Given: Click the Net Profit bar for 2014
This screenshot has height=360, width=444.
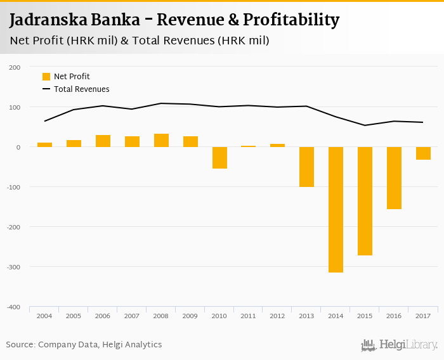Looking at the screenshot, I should click(x=336, y=209).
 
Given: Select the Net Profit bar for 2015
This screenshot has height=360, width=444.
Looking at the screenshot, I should click(x=365, y=201).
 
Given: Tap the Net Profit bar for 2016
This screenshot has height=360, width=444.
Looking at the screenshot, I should click(x=394, y=177).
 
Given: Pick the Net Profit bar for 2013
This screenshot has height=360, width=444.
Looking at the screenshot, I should click(x=306, y=167).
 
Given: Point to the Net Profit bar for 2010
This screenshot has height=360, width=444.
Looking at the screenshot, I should click(x=219, y=157).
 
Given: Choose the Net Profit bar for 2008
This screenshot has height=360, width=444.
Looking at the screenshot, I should click(x=161, y=140).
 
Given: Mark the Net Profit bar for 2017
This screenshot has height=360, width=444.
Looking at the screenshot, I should click(x=423, y=153).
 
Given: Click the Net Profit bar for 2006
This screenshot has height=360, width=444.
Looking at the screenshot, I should click(x=103, y=141).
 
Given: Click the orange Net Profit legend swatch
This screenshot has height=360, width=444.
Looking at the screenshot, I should click(x=46, y=77).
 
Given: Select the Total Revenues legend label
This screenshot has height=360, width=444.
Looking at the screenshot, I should click(x=82, y=89).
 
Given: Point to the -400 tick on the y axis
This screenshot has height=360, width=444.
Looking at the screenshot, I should click(x=13, y=307).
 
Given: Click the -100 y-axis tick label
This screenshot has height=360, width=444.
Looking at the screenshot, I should click(x=13, y=187).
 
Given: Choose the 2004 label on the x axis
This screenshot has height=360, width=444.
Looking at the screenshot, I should click(x=44, y=315).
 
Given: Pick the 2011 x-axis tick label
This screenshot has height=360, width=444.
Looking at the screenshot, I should click(x=248, y=315).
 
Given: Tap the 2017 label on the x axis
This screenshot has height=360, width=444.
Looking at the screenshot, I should click(x=423, y=315).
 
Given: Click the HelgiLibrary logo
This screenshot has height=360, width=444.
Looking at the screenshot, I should click(x=399, y=345).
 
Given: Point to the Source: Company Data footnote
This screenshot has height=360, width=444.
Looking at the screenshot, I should click(x=84, y=345).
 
